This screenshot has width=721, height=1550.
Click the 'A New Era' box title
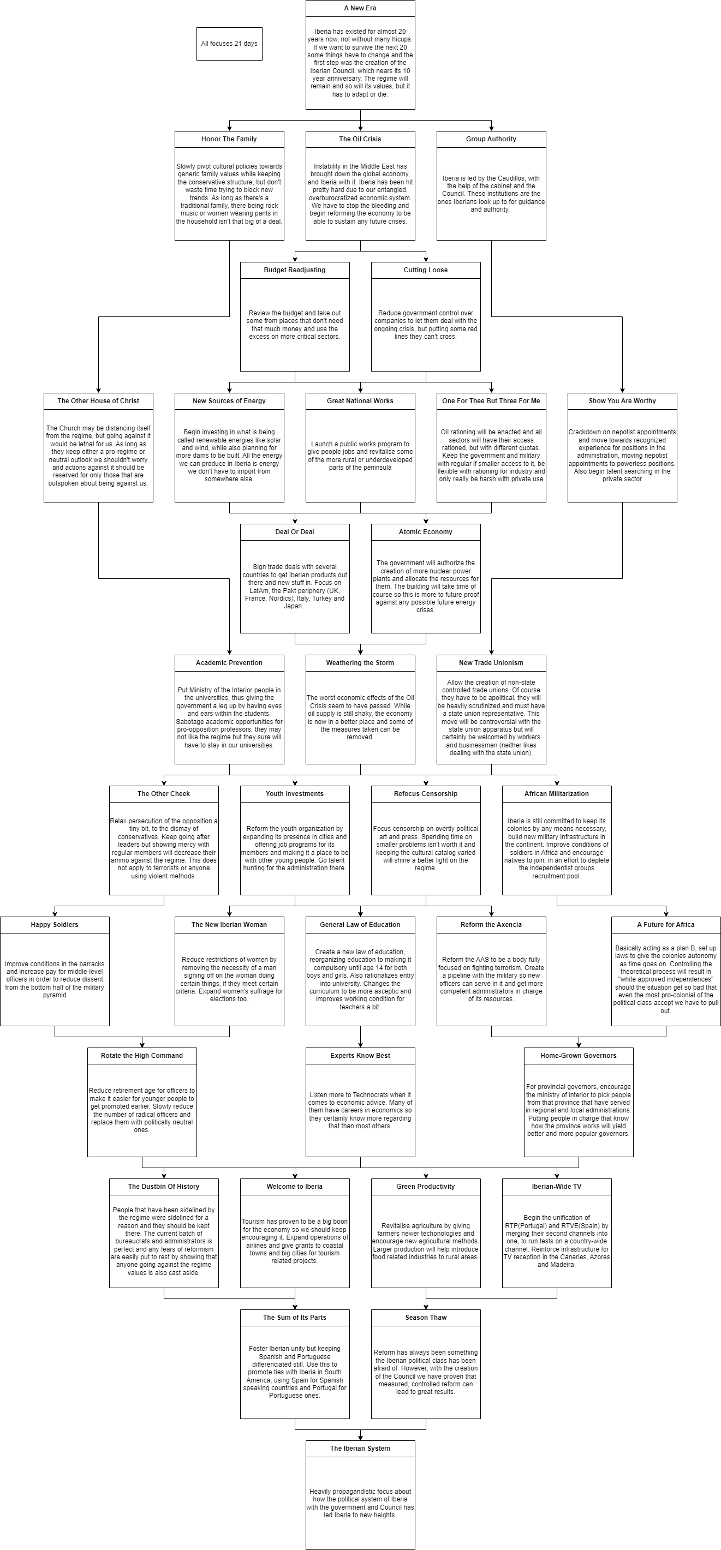click(x=360, y=8)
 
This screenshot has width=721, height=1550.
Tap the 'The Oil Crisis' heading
click(x=360, y=139)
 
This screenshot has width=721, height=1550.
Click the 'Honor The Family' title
click(x=229, y=139)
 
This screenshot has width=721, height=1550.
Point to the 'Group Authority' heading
click(x=491, y=139)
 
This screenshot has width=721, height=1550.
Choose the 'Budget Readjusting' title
click(x=295, y=270)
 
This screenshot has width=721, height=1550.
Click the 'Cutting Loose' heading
click(x=426, y=270)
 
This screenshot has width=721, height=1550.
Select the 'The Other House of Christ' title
click(x=98, y=401)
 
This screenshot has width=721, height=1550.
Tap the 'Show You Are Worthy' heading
click(x=622, y=401)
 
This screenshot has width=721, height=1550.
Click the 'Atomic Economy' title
click(x=426, y=532)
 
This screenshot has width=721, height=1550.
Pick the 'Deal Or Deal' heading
click(x=295, y=532)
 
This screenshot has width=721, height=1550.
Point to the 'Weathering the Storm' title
click(x=360, y=663)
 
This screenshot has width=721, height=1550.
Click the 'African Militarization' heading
click(x=557, y=794)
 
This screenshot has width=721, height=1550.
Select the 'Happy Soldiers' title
click(x=55, y=925)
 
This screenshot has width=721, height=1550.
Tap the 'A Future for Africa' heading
click(x=666, y=925)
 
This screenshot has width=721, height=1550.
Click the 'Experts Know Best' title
click(x=360, y=1055)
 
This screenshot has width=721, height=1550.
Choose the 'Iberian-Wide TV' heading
click(x=557, y=1187)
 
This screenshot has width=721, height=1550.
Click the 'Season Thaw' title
click(x=426, y=1318)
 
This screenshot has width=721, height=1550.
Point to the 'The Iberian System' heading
click(x=360, y=1449)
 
